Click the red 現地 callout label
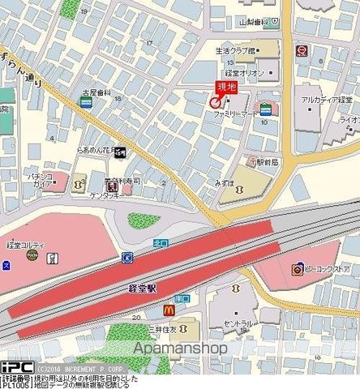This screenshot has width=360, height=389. pyautogui.click(x=225, y=87)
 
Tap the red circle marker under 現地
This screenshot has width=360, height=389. pyautogui.click(x=215, y=103)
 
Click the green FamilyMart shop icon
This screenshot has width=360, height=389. pyautogui.click(x=264, y=109)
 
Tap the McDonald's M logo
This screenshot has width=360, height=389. pyautogui.click(x=170, y=310)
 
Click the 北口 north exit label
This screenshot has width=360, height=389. pyautogui.click(x=161, y=242)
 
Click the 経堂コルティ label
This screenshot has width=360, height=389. pyautogui.click(x=25, y=244)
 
